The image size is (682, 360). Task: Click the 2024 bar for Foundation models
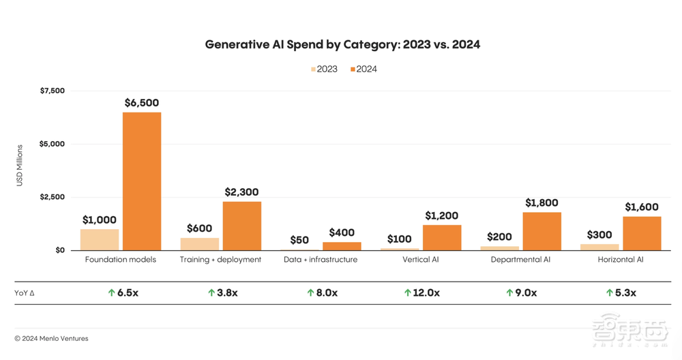(142, 181)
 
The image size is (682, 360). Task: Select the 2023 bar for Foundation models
(100, 239)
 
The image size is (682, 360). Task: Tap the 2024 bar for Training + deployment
(242, 226)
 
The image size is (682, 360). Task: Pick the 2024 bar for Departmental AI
(542, 231)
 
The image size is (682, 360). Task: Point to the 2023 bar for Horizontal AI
(599, 247)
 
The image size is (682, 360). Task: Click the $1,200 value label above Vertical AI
(442, 215)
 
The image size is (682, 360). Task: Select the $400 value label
(342, 232)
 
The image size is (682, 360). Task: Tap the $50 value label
(299, 240)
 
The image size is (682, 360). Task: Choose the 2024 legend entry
(364, 69)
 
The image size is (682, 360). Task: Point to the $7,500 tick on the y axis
(52, 91)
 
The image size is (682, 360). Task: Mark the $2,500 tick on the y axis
(52, 197)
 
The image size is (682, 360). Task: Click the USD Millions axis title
(20, 165)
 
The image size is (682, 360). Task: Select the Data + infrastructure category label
(320, 260)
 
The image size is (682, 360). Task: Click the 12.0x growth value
(426, 292)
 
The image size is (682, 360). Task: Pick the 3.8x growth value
(228, 292)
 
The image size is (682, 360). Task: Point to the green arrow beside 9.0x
(509, 292)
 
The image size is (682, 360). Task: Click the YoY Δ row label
(25, 292)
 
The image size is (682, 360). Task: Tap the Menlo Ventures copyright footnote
(51, 338)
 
